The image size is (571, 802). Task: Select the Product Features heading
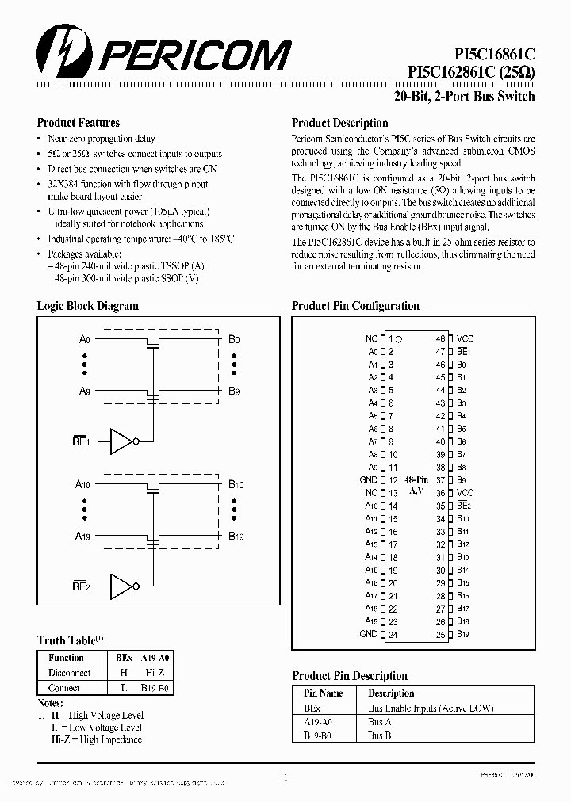coord(79,123)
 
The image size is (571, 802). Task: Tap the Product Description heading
coord(339,123)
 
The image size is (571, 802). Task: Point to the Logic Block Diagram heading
coord(88,306)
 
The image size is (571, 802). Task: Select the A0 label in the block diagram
coord(84,339)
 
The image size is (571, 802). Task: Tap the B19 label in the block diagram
coord(236,537)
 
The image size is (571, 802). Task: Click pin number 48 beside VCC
coord(441,338)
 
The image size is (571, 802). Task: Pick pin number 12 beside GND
coord(393,480)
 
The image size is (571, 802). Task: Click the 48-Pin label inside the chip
coord(416,480)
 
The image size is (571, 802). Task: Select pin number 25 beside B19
coord(441,634)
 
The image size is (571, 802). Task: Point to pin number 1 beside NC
coord(391,338)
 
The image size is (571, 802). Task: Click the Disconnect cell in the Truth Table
coord(69,672)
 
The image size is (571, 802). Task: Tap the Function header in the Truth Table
coord(66,657)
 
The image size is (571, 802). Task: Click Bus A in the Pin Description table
coord(380,722)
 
